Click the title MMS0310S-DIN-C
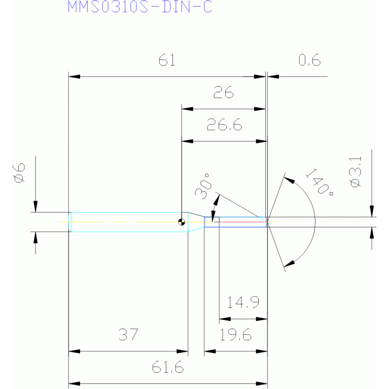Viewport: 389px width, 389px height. click(x=140, y=7)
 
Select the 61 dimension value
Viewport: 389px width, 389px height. click(x=167, y=60)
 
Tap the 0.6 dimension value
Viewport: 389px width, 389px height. click(x=309, y=60)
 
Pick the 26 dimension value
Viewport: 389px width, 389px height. click(x=223, y=92)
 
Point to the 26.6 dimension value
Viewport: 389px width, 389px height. click(x=224, y=125)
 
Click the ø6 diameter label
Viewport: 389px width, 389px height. click(x=19, y=172)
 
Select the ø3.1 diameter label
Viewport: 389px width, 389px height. click(x=356, y=171)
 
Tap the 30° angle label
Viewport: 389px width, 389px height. click(x=203, y=187)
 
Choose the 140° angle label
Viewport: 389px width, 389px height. click(x=320, y=182)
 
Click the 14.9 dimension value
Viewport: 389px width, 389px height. click(x=243, y=302)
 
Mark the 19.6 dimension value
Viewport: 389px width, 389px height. click(x=235, y=334)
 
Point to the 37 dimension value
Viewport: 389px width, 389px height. click(x=128, y=334)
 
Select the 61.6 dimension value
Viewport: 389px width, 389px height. click(x=168, y=367)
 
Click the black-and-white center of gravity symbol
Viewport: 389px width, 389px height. click(x=182, y=222)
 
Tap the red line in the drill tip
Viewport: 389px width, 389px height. click(x=240, y=222)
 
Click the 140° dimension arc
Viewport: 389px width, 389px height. click(x=315, y=222)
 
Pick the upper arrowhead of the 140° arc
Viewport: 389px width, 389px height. click(x=289, y=180)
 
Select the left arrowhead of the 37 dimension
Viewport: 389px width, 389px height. click(x=74, y=351)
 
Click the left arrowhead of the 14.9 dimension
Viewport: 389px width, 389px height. click(x=225, y=319)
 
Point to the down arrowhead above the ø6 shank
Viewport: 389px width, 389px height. click(x=36, y=206)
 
